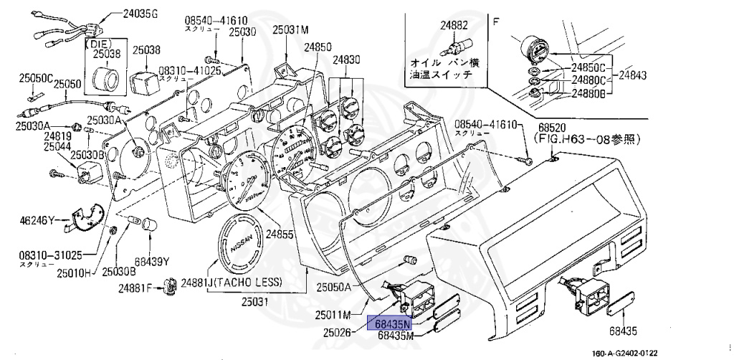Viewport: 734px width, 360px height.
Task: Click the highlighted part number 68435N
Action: [389, 323]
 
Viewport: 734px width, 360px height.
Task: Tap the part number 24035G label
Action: [141, 13]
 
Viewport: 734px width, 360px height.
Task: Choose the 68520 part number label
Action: [550, 125]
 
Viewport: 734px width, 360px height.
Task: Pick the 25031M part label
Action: [290, 30]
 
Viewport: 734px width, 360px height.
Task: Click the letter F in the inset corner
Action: [495, 21]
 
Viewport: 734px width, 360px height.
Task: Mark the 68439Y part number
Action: [152, 260]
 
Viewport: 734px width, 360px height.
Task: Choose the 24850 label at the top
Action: [317, 47]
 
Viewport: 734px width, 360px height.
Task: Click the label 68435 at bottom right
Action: [624, 331]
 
